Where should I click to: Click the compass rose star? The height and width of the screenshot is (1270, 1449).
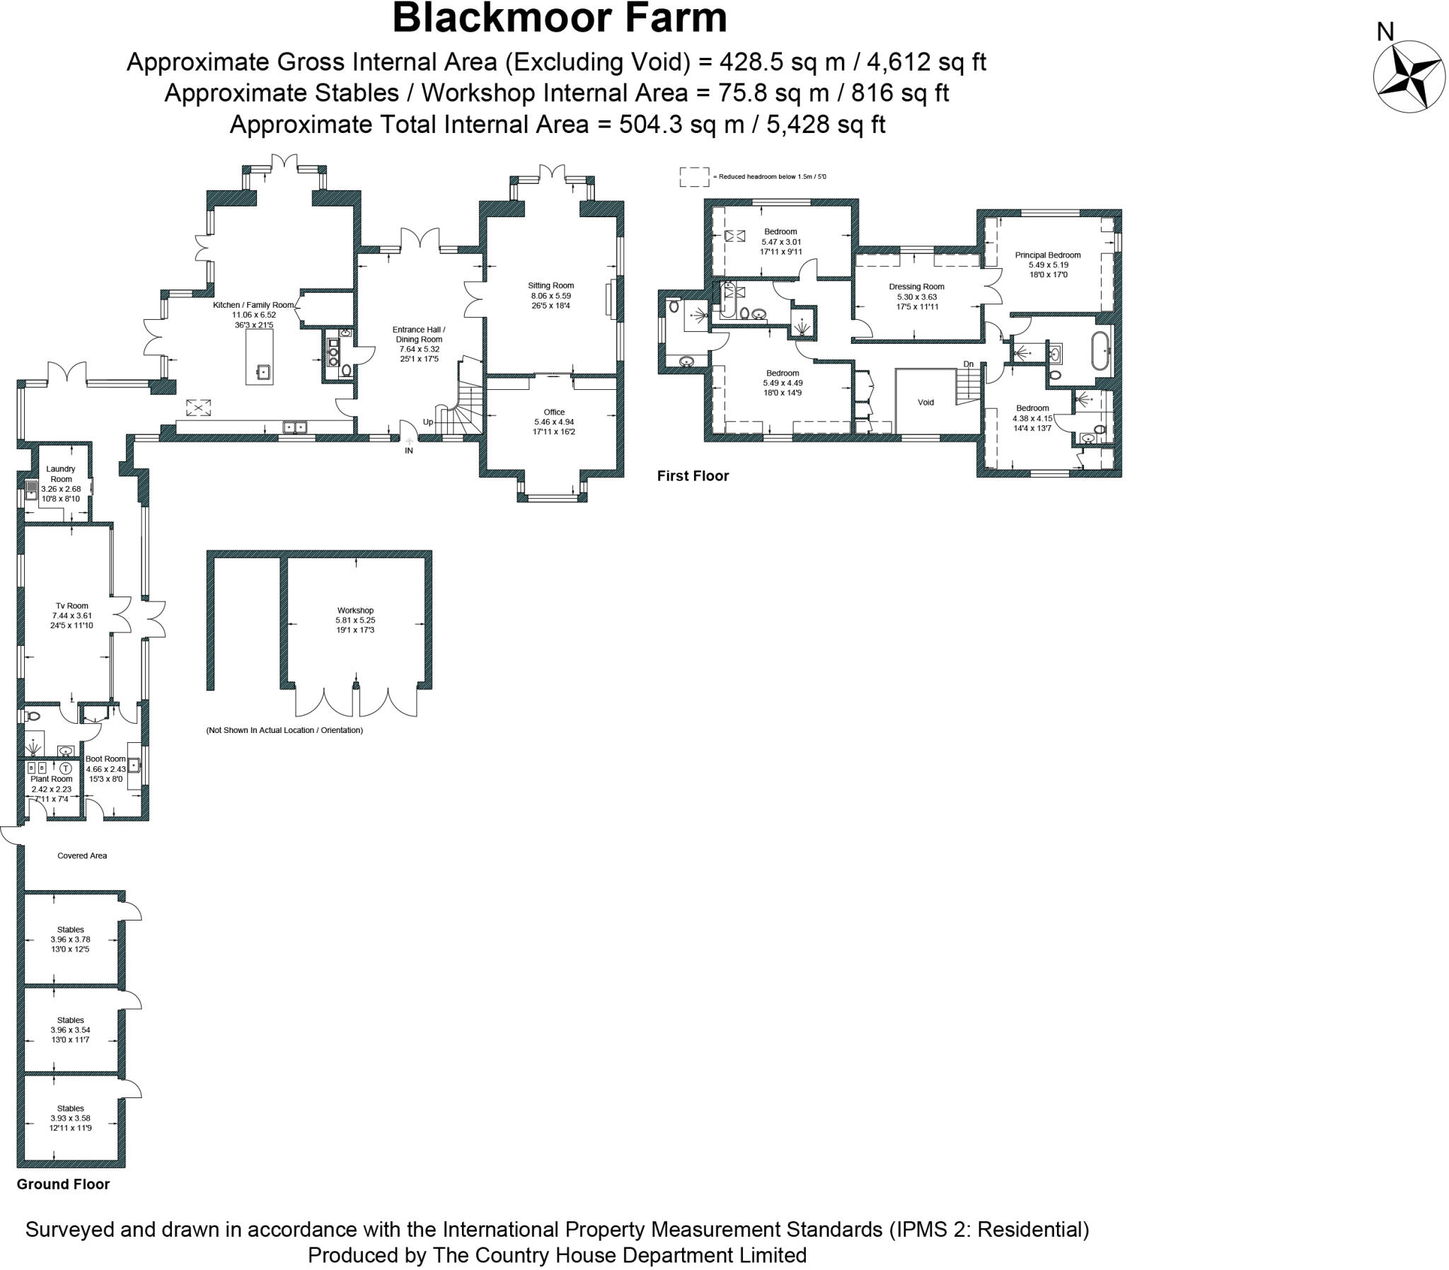tap(1408, 76)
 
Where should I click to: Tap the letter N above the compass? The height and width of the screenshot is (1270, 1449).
tap(1385, 32)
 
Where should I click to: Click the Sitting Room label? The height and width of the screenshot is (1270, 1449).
tap(550, 286)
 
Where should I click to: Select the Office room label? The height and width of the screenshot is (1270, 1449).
tap(554, 412)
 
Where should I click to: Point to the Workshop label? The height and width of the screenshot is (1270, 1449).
tap(355, 610)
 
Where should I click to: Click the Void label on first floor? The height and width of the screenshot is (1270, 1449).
tap(925, 403)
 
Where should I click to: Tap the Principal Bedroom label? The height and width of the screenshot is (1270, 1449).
tap(1047, 255)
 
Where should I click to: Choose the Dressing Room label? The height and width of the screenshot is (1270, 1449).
tap(916, 287)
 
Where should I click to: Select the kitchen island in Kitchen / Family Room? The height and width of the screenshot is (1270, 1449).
tap(260, 357)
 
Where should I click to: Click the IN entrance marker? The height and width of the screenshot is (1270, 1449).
tap(409, 450)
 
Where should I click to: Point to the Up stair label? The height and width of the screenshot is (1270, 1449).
tap(428, 422)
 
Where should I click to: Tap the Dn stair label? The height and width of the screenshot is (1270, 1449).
tap(968, 364)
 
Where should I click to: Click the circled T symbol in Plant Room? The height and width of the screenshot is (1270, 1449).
tap(66, 768)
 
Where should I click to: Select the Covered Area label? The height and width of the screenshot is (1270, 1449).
tap(82, 855)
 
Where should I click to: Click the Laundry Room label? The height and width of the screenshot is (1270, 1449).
tap(60, 473)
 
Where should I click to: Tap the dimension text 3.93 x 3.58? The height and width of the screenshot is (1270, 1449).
tap(70, 1118)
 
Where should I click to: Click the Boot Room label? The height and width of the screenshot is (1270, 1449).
tap(105, 759)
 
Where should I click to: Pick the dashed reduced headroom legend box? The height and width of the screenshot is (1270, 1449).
tap(693, 177)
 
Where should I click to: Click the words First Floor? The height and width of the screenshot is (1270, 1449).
tap(692, 476)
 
